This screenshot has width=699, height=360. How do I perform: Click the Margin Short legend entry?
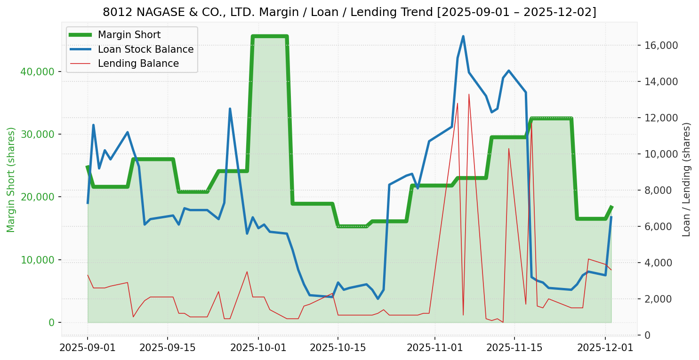(129, 35)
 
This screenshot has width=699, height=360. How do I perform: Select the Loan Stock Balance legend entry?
(145, 49)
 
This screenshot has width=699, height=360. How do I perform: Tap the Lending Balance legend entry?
(138, 64)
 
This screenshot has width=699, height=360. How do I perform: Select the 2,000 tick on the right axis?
(661, 299)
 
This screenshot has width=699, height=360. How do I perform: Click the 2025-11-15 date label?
(514, 348)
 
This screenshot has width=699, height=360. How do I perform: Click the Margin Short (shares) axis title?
(11, 180)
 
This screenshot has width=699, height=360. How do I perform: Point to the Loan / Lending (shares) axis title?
(687, 180)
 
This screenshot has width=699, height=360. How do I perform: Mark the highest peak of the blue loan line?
(463, 36)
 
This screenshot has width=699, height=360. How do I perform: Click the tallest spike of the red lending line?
(469, 94)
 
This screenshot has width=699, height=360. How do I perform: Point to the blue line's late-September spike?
(230, 109)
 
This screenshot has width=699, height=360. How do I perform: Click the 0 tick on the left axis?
(51, 322)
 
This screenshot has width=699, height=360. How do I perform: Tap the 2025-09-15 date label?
(167, 348)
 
